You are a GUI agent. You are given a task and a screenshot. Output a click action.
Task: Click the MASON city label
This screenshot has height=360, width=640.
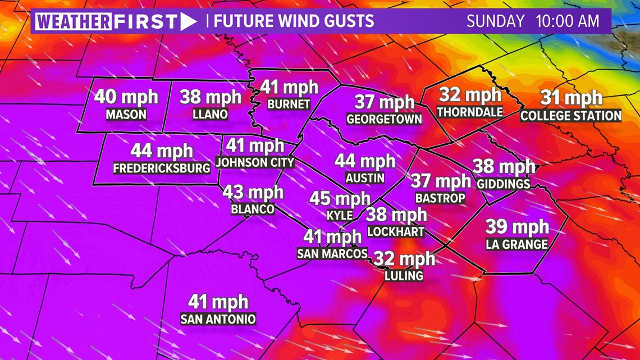(126, 115)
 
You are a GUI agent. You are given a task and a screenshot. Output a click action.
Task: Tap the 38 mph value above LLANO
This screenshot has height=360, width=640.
(211, 97)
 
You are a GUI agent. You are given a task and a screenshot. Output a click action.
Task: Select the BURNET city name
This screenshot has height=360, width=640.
(289, 104)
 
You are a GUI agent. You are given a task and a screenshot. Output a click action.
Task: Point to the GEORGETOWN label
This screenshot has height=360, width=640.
(384, 119)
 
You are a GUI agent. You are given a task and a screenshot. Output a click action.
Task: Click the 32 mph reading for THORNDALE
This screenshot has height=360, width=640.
(470, 95)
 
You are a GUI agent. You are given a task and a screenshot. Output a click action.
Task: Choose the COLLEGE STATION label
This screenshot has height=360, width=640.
(571, 116)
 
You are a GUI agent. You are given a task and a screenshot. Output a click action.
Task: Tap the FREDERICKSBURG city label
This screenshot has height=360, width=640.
(162, 168)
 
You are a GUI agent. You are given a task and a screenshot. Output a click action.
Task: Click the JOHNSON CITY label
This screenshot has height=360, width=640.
(255, 162)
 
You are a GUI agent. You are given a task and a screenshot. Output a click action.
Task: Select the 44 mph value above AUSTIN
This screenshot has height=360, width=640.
(365, 161)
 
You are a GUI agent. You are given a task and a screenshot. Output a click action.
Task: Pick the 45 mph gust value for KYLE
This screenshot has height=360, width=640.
(340, 199)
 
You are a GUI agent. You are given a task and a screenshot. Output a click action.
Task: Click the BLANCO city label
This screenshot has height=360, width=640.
(253, 209)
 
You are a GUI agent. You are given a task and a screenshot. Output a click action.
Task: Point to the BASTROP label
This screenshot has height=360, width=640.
(440, 198)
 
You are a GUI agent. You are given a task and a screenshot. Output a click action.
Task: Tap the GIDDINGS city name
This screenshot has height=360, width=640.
(503, 184)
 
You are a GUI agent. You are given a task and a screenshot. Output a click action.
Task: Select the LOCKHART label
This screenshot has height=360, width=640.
(396, 231)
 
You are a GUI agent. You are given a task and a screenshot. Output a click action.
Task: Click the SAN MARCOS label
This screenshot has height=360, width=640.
(332, 253)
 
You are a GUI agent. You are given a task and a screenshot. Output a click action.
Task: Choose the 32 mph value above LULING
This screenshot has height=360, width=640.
(404, 259)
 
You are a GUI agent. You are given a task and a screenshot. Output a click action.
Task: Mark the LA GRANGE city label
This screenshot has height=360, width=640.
(516, 244)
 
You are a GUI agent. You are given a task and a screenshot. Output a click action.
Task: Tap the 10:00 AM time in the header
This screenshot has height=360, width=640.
(568, 22)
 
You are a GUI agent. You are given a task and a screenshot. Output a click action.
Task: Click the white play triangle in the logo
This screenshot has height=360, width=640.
(189, 22)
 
